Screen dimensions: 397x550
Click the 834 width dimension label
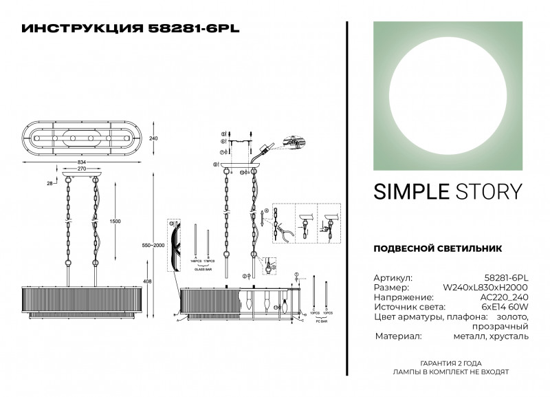(81, 162)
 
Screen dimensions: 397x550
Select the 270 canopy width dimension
(80, 169)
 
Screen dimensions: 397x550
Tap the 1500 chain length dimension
(115, 221)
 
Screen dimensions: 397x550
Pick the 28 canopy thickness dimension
(50, 184)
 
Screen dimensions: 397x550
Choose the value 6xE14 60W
(505, 306)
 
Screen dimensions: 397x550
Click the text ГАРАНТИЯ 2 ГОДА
(450, 363)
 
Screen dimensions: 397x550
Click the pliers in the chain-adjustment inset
(282, 235)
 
